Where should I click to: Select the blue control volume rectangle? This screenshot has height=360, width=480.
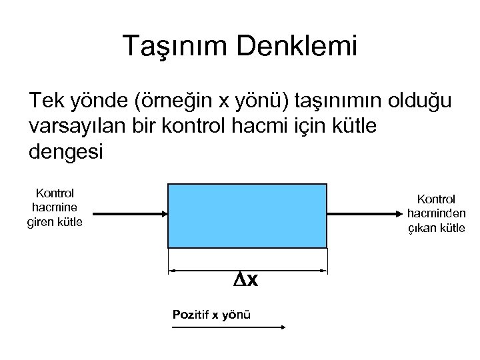click(x=248, y=215)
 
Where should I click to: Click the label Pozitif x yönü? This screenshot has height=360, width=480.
click(x=211, y=314)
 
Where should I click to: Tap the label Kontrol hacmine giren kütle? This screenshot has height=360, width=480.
click(x=55, y=207)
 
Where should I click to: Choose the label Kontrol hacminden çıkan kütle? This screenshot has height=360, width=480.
click(x=436, y=213)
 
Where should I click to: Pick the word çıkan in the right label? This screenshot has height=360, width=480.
click(x=422, y=228)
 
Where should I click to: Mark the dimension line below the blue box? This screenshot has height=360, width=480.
click(x=200, y=271)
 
